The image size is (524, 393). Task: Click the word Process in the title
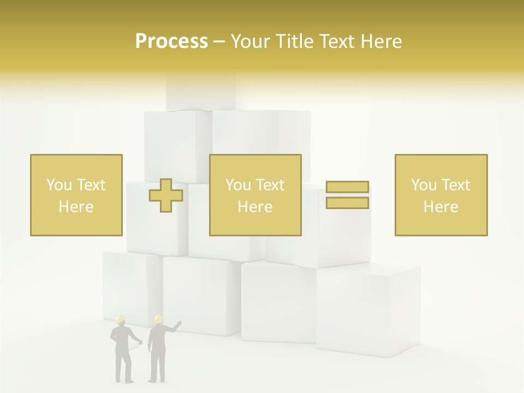tap(171, 41)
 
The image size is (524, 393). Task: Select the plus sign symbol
tap(166, 195)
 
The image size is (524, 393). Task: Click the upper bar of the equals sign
tap(347, 187)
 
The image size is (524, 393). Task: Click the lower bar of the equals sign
tap(347, 203)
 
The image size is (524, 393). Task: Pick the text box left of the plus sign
tap(76, 195)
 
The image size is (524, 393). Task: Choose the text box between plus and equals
tap(255, 195)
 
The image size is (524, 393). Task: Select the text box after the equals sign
tap(440, 195)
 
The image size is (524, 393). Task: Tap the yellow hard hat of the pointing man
tap(158, 319)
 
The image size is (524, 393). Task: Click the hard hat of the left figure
tap(121, 319)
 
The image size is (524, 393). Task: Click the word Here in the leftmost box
tap(76, 207)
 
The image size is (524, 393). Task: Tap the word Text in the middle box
tap(270, 185)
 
